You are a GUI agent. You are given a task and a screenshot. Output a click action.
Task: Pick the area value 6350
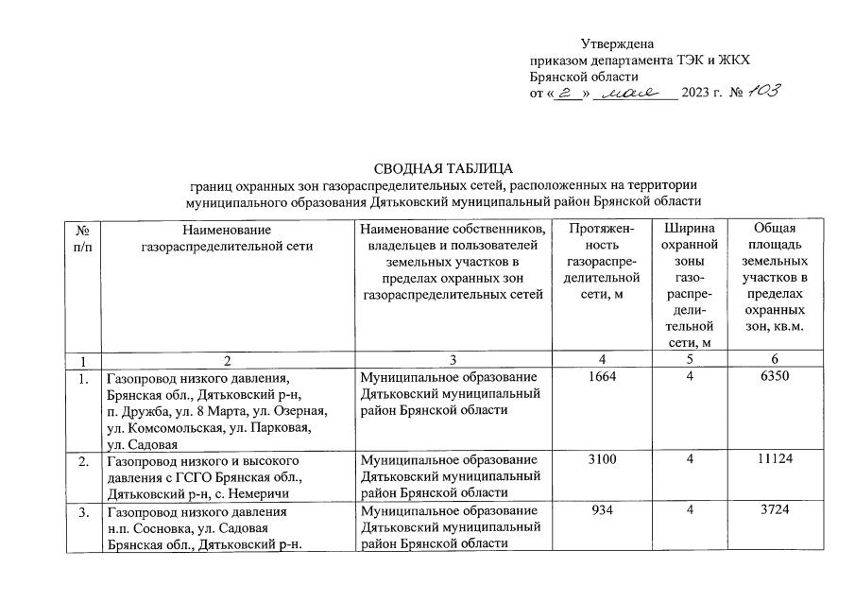click(x=774, y=377)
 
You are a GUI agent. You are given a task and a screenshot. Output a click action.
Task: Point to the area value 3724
click(x=774, y=511)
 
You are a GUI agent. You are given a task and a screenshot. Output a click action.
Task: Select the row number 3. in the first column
click(x=83, y=512)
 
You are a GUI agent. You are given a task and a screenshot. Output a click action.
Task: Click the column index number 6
click(x=774, y=360)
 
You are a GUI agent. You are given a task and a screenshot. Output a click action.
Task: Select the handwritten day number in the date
click(x=566, y=92)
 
